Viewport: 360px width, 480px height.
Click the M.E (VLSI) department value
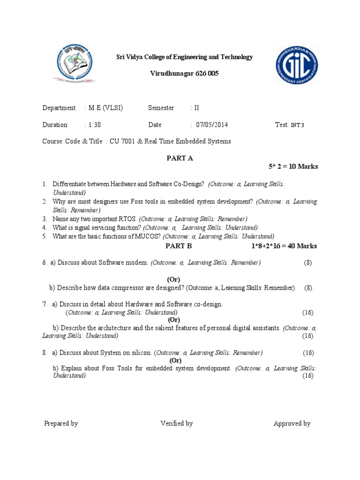[105, 108]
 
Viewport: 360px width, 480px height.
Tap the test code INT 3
[298, 125]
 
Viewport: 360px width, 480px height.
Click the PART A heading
[180, 158]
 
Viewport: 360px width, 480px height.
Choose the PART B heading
[179, 246]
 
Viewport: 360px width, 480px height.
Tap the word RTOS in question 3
[127, 219]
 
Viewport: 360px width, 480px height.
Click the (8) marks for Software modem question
[307, 262]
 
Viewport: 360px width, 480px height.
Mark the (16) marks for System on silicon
[308, 352]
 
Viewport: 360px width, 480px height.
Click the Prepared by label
[61, 423]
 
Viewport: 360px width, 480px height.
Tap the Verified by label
[177, 423]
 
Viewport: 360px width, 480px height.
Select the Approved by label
[292, 423]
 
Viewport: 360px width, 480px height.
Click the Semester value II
[197, 108]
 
